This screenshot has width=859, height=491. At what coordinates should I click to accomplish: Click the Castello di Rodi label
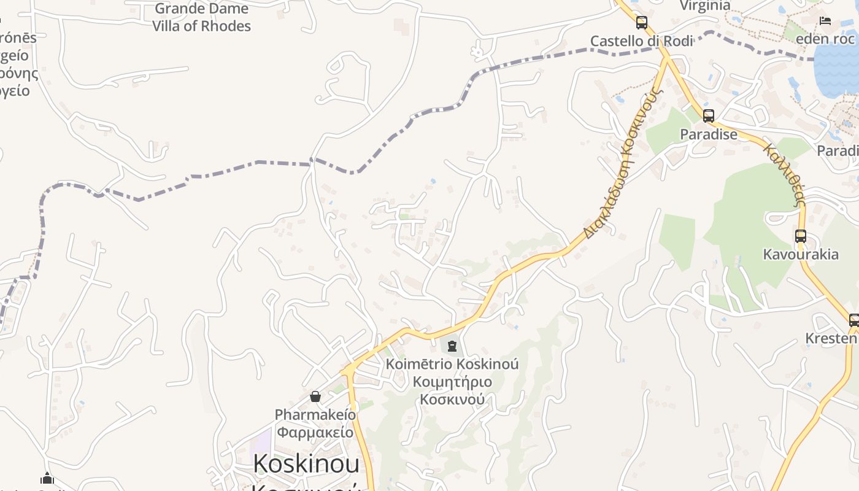tap(641, 41)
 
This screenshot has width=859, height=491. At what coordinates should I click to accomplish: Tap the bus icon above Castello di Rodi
tap(641, 23)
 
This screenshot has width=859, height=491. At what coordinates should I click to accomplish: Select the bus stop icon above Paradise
tap(709, 115)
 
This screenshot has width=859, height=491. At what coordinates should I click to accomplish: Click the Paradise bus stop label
tap(709, 134)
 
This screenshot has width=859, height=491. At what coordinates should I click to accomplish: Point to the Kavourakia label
tap(800, 254)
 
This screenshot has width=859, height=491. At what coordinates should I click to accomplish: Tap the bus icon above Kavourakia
tap(800, 236)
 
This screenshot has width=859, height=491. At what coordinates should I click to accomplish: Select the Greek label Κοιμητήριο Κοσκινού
tap(452, 391)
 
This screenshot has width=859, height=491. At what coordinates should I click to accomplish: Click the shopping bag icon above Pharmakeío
tap(315, 396)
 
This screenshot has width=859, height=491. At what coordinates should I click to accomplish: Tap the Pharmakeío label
tap(315, 414)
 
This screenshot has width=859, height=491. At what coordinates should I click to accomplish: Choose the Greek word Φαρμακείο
tap(315, 432)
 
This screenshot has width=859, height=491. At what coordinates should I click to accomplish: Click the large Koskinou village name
tap(306, 463)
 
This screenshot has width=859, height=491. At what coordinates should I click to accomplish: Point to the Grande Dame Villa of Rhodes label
tap(201, 17)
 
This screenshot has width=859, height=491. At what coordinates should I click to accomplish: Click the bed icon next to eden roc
tap(825, 21)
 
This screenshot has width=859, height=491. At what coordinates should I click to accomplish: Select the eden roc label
tap(825, 39)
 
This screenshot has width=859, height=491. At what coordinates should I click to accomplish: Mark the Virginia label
tap(706, 6)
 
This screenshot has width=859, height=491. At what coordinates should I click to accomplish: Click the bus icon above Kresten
tap(853, 320)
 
